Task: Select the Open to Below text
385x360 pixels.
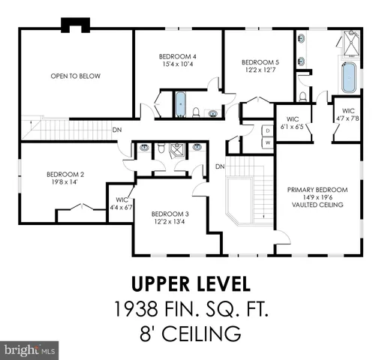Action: [75, 76]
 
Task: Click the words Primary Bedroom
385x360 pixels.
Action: [315, 190]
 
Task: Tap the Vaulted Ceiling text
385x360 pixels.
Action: [315, 205]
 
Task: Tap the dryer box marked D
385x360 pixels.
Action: [267, 130]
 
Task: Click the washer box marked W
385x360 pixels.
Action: [267, 142]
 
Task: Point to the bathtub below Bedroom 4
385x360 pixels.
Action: [179, 103]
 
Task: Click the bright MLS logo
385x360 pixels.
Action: [30, 349]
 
